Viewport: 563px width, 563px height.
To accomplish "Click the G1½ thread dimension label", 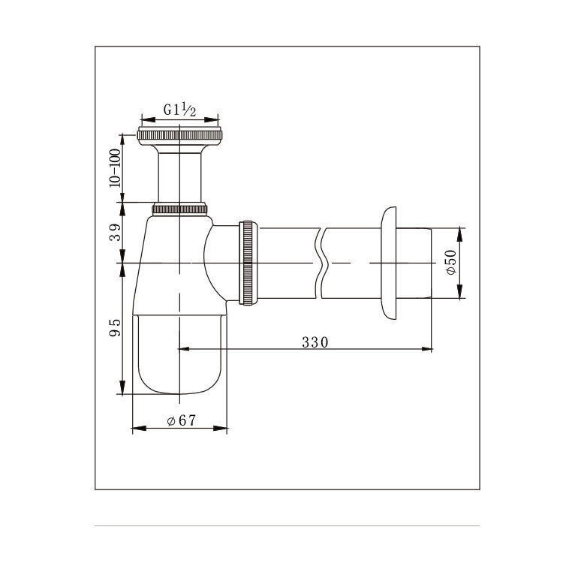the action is [x=180, y=110].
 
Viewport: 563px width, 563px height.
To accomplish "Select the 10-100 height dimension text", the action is [x=116, y=167].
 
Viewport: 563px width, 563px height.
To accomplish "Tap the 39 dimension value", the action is [x=116, y=232].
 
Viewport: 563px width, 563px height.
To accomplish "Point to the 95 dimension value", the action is [x=116, y=327].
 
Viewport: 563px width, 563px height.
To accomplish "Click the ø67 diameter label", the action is [x=182, y=420].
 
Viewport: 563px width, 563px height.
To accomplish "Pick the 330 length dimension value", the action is [x=315, y=342].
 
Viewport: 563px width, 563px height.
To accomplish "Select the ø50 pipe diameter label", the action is [x=451, y=262].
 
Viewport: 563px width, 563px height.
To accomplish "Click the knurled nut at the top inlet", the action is [x=179, y=135].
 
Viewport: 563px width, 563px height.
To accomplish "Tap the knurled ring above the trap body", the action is [x=179, y=209].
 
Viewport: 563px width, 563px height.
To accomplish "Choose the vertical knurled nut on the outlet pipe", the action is [x=248, y=263].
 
